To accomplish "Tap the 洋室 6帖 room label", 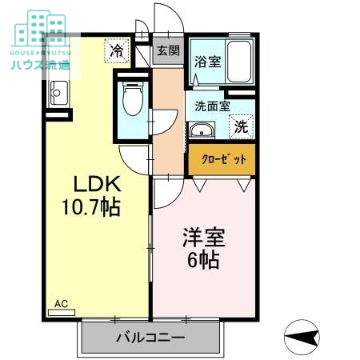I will (x=204, y=248).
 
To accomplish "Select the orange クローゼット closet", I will (x=222, y=158).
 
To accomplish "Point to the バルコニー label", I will (x=149, y=338).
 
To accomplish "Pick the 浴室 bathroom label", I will (x=209, y=62).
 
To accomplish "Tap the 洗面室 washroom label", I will (x=213, y=105).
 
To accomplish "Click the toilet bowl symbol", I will (x=134, y=101).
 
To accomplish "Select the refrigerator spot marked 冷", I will (x=116, y=51).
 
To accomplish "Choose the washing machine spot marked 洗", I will (x=241, y=126).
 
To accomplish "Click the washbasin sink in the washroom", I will (x=202, y=131).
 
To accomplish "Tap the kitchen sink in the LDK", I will (x=58, y=94).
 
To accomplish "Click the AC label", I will (x=61, y=304).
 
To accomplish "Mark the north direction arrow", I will (x=302, y=337).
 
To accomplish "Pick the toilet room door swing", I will (x=133, y=155).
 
